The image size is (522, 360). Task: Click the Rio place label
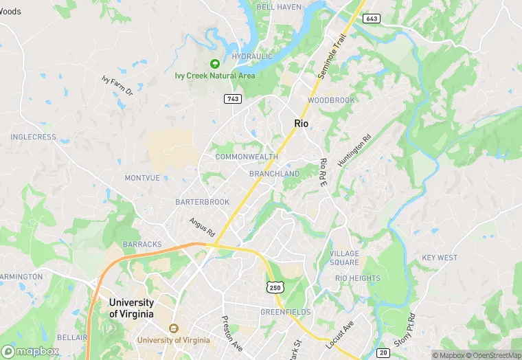301,123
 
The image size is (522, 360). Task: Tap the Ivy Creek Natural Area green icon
214,64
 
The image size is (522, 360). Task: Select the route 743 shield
232,100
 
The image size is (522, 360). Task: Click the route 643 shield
372,19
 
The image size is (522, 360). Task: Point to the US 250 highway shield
275,286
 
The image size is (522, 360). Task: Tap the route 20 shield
384,352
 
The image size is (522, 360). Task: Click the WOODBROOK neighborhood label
331,100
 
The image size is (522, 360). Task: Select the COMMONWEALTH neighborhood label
247,157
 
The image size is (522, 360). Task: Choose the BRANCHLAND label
274,174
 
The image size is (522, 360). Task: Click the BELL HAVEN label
279,7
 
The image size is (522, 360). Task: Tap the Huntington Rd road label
354,150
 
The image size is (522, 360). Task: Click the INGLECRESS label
33,137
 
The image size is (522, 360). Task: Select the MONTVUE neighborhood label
142,178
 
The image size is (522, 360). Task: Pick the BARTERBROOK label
202,202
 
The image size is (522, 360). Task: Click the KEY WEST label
440,258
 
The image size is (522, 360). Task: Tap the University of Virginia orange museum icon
173,328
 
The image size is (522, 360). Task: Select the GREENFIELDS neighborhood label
285,312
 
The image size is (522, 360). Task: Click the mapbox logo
30,351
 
